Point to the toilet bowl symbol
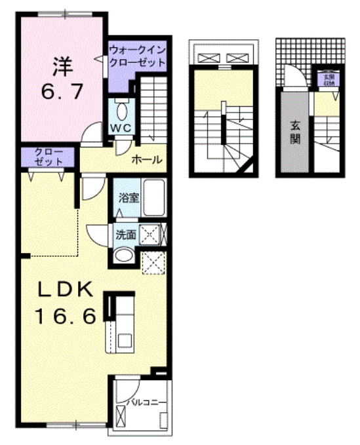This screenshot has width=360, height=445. (x=121, y=109)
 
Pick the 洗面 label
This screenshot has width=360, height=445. (x=126, y=234)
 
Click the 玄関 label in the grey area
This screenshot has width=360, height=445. (x=296, y=131)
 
